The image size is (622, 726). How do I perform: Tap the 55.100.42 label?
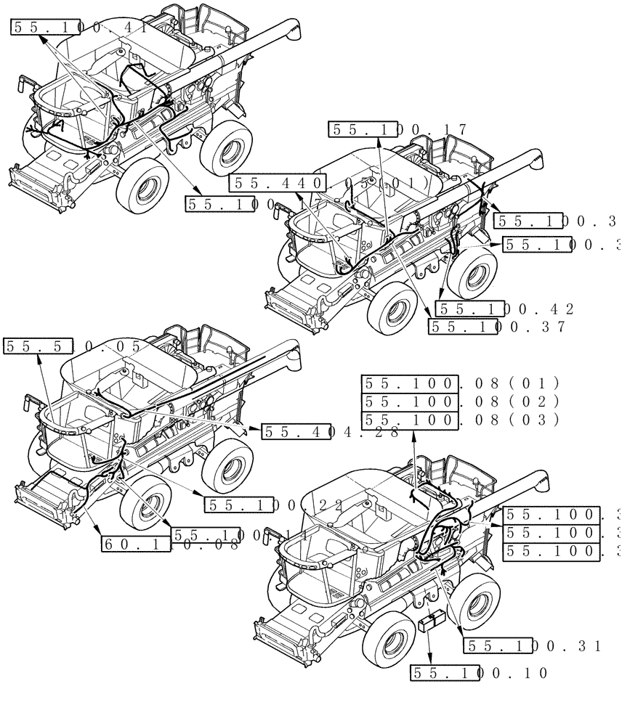pyautogui.click(x=505, y=309)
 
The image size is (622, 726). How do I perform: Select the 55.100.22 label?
pyautogui.click(x=273, y=505)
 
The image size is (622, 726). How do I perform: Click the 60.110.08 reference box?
pyautogui.click(x=170, y=543)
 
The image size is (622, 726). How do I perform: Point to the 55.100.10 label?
pyautogui.click(x=480, y=673)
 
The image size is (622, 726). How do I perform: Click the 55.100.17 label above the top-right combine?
pyautogui.click(x=398, y=130)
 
